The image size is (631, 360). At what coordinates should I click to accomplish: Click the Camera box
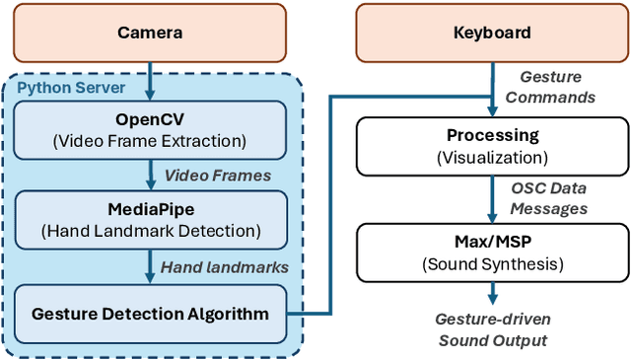click(150, 34)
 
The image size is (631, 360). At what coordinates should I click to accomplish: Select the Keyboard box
click(490, 34)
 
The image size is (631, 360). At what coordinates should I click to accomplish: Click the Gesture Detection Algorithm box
click(150, 314)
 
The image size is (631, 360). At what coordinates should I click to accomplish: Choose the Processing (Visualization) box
click(490, 144)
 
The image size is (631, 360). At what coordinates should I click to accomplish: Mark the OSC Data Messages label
click(550, 198)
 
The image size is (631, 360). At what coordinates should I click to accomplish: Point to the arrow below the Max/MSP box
click(490, 294)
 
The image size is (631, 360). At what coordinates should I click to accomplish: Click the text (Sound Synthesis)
click(490, 263)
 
